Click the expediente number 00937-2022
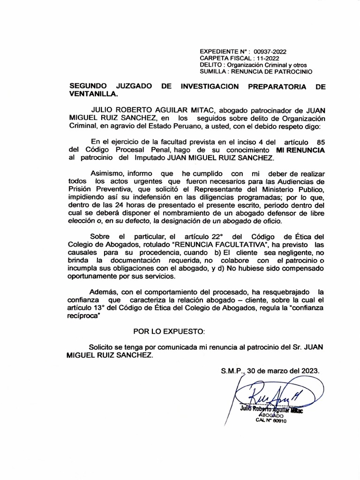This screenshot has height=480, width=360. pyautogui.click(x=270, y=52)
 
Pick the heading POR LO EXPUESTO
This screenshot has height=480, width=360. pyautogui.click(x=169, y=332)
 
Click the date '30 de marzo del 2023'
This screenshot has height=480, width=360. pyautogui.click(x=285, y=370)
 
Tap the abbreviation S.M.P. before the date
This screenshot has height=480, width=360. pyautogui.click(x=233, y=370)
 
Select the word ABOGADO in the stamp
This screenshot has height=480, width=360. pyautogui.click(x=271, y=415)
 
